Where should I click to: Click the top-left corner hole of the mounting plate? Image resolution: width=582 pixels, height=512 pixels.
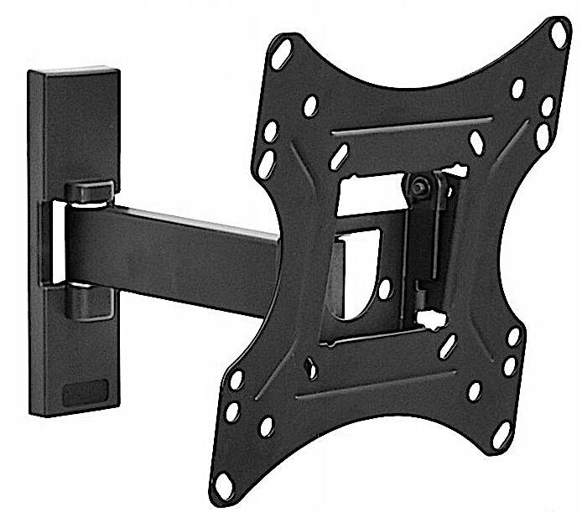[x=283, y=49]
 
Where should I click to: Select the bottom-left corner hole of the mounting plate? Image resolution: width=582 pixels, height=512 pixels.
[x=225, y=484]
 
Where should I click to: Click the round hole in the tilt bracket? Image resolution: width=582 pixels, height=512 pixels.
[x=384, y=289]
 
